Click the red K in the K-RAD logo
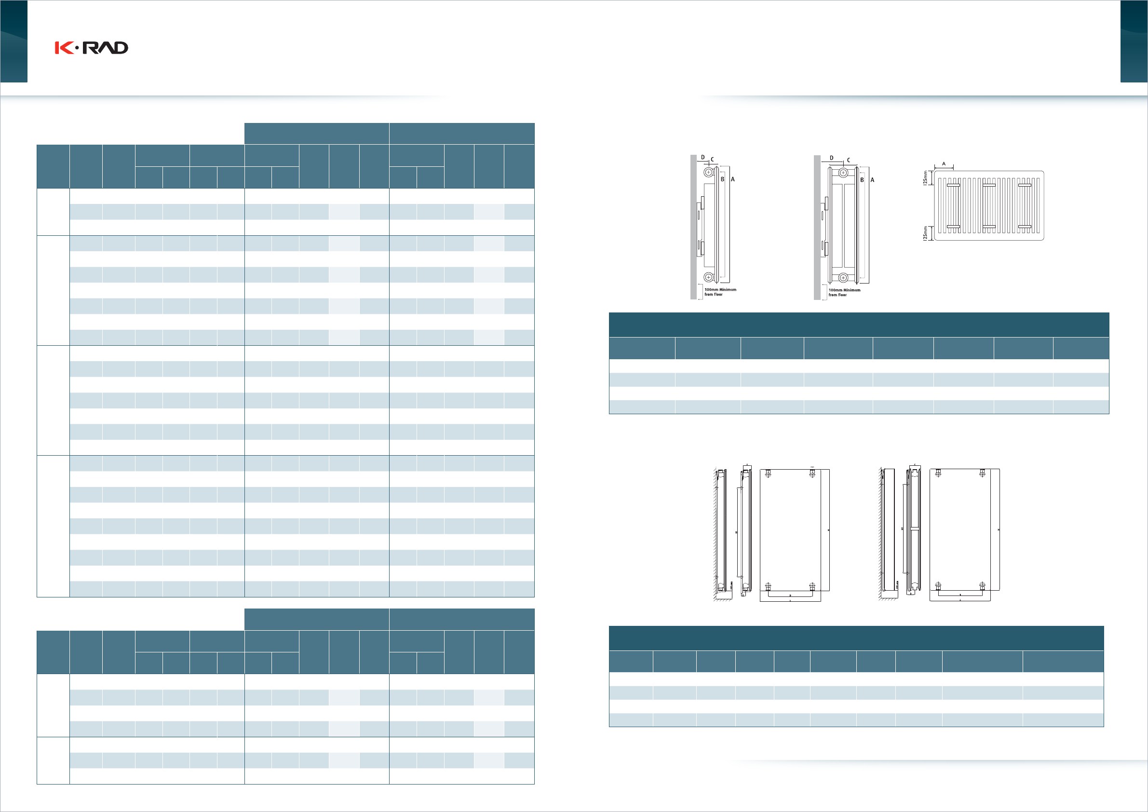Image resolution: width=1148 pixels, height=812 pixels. coord(64,48)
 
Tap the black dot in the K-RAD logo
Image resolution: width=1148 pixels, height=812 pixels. coord(77,48)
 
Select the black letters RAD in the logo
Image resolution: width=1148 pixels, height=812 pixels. coord(106,48)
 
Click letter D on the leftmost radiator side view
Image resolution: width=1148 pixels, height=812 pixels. coord(702,158)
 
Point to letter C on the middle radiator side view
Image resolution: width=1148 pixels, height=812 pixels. coord(849,161)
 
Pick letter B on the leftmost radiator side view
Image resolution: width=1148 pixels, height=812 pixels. coord(722,179)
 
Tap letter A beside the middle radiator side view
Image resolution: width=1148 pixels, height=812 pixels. coord(873,179)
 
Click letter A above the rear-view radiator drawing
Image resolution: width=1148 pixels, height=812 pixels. coord(944,164)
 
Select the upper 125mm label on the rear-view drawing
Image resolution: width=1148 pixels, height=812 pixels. coord(925,178)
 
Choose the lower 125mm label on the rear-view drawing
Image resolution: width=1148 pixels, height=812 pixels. coord(925,233)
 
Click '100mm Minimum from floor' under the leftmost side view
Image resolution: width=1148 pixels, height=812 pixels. coord(720,292)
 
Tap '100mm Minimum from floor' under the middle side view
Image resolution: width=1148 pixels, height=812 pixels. coord(845,293)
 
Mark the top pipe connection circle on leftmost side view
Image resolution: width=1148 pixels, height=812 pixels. coord(708,173)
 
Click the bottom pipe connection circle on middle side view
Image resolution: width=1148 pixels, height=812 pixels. coord(843,278)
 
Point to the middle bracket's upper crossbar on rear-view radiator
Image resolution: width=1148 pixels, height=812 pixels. coord(989,186)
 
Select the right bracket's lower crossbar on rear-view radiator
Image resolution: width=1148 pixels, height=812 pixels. coord(1025,227)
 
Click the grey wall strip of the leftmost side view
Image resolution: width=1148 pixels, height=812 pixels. coord(693,225)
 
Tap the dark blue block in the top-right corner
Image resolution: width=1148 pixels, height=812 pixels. coord(1134,41)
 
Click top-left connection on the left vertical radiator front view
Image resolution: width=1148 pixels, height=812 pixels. coord(768,473)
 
